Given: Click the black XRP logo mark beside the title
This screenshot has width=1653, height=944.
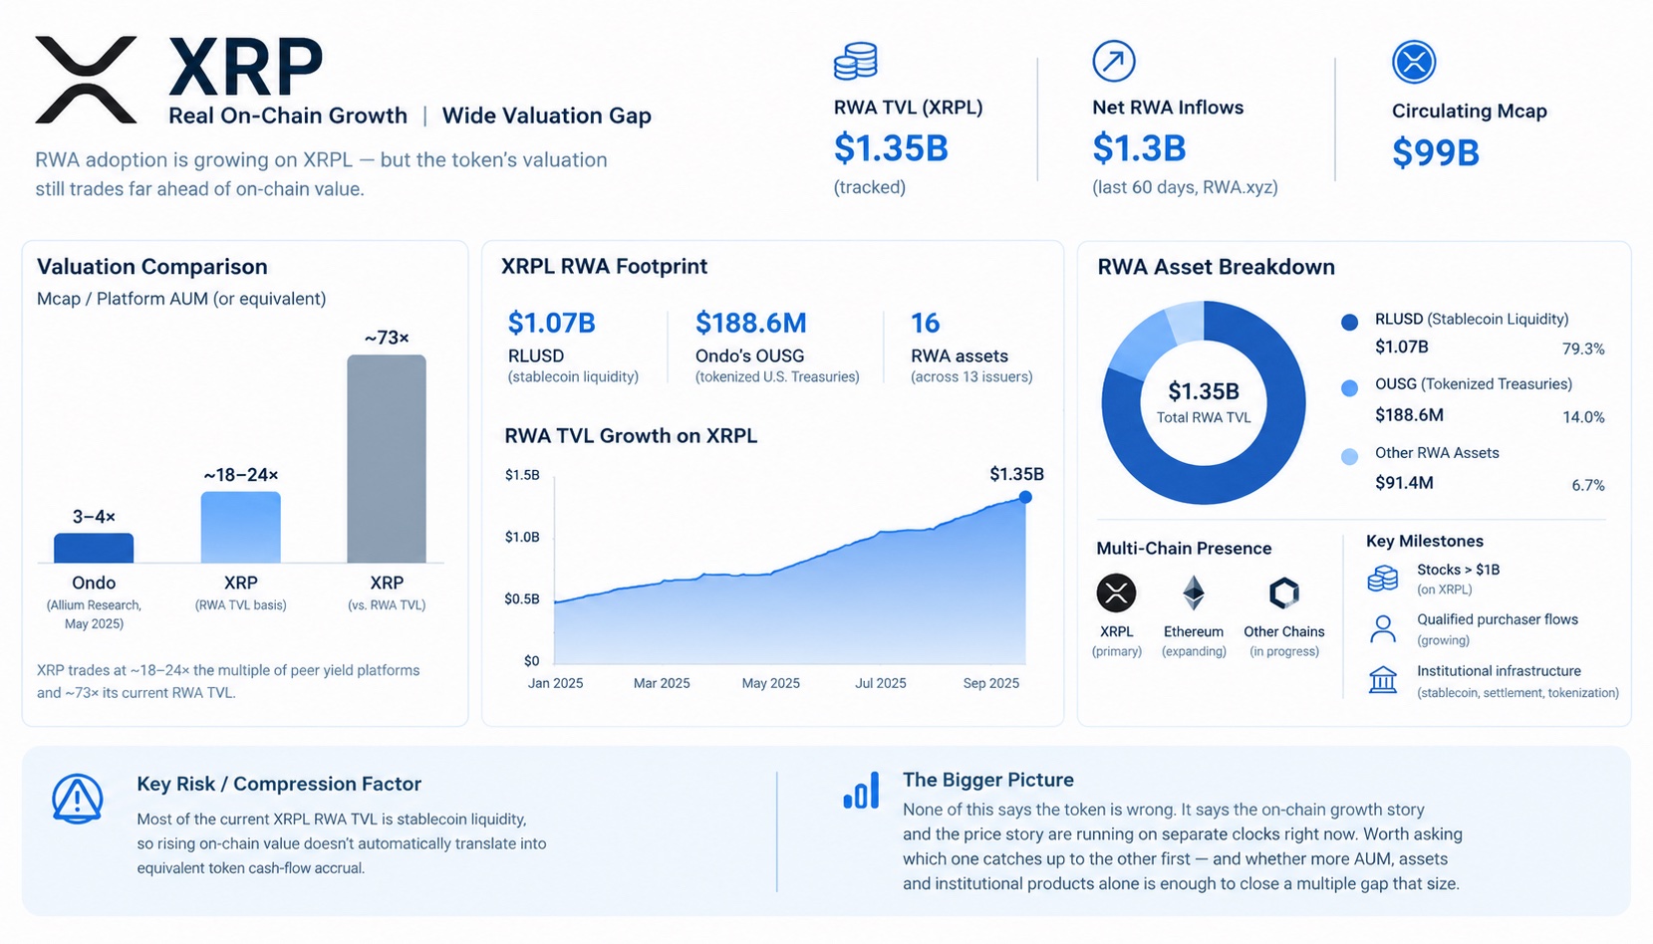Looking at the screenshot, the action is [86, 80].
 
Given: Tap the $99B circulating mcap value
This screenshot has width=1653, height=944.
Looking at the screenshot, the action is [1436, 152].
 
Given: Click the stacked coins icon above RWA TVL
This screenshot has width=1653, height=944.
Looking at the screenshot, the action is [855, 61].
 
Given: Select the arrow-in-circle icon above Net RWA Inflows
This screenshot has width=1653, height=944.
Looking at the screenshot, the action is [1114, 61].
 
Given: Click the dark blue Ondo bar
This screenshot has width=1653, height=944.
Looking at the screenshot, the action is [94, 548].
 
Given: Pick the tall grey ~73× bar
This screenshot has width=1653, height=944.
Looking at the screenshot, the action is [387, 459].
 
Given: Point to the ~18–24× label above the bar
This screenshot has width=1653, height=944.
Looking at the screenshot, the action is [240, 475].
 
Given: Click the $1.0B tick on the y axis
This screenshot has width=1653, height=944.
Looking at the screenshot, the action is [522, 537].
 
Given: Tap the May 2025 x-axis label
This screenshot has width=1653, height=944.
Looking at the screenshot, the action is [770, 683].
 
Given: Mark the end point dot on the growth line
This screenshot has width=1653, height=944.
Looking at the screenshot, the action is [1025, 497].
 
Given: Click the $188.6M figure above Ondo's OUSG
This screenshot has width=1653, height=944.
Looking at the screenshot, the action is [750, 323].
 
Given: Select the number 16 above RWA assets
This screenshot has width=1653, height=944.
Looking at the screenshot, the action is [925, 323].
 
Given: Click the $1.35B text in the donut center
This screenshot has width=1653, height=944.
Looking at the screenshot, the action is [1203, 391].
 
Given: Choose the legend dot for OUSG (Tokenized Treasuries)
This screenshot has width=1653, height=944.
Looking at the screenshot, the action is [1349, 388].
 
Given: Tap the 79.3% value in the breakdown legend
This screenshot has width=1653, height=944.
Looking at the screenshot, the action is [1583, 349].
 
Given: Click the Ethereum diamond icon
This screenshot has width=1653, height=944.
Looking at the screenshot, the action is [1194, 592].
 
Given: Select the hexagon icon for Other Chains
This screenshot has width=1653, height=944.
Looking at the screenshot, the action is [1283, 592].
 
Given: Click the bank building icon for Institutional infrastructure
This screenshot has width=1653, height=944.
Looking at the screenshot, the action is [1382, 679].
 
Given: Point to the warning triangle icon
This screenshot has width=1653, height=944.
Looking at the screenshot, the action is [77, 799].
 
